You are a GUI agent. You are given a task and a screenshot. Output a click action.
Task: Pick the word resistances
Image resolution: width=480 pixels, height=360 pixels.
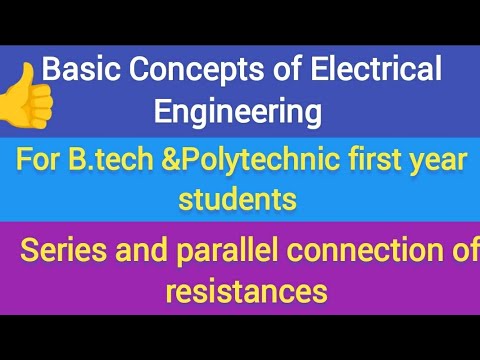(x=246, y=292)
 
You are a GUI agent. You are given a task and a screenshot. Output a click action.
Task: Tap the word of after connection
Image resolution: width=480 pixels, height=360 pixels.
(x=464, y=254)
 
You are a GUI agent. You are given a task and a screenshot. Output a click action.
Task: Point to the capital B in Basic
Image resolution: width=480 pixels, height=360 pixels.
(x=53, y=70)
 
